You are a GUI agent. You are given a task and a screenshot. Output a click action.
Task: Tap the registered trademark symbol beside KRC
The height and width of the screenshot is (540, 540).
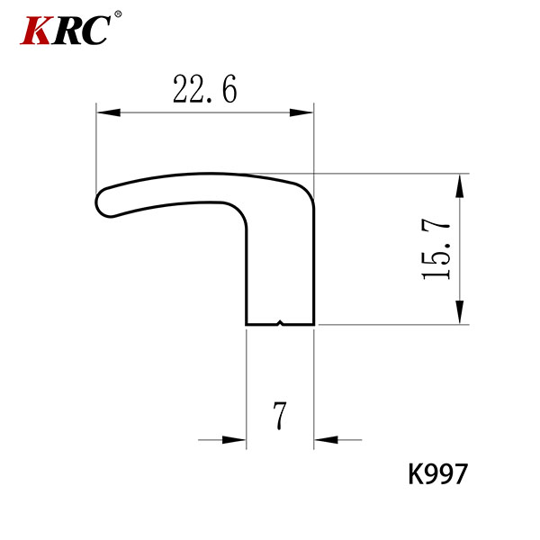pos(118,14)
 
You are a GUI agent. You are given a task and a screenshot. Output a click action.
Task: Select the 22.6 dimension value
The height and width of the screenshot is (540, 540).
pos(205,89)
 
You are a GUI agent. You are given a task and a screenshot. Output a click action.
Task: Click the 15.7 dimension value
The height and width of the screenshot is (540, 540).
pos(436,250)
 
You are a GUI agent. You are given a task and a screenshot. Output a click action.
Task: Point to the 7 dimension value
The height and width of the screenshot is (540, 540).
pos(280,416)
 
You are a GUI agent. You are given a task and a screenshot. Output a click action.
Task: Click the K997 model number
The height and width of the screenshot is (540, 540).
pos(437,474)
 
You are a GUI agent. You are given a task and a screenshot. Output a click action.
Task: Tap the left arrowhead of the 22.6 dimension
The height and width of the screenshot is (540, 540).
pos(109,112)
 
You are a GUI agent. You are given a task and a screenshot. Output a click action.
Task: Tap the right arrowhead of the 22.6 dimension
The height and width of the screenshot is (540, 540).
pos(301,112)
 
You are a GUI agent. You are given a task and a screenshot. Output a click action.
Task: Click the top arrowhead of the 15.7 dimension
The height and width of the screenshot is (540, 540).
pos(459,185)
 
